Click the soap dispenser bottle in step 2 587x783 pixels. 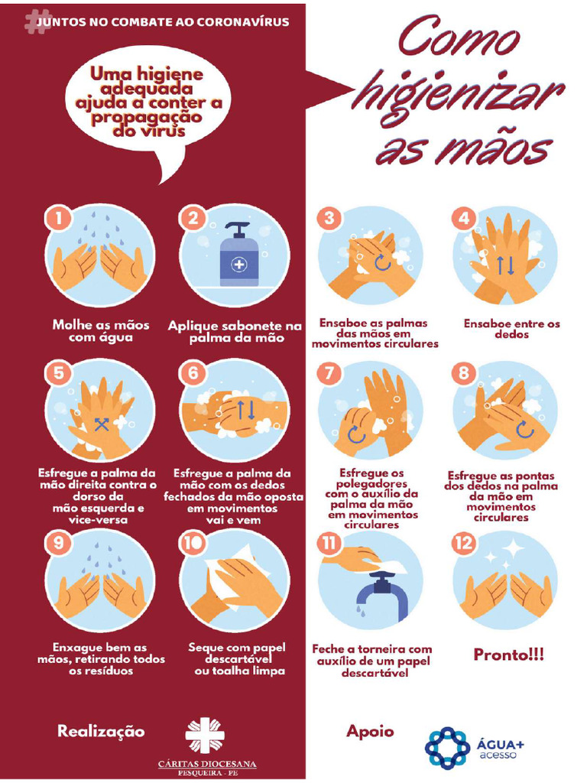(x=239, y=255)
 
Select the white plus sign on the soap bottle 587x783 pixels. (x=239, y=263)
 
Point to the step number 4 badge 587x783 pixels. (x=464, y=218)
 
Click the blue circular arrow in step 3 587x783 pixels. (x=382, y=262)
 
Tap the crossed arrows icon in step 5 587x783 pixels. (x=102, y=424)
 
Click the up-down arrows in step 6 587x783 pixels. (x=245, y=409)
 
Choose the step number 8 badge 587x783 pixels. (x=464, y=372)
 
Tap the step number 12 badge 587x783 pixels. (x=464, y=543)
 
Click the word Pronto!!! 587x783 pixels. (x=508, y=655)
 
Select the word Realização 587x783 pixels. (x=101, y=732)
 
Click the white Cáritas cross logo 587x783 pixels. (x=205, y=735)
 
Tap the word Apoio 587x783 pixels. (x=370, y=732)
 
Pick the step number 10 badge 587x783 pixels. (x=193, y=543)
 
